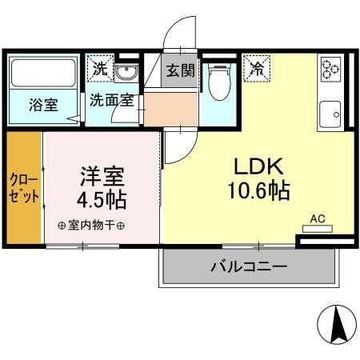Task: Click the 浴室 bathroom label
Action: [x=43, y=105]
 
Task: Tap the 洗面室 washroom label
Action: [x=111, y=101]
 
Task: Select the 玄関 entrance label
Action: [x=181, y=70]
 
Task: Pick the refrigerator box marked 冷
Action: [x=258, y=67]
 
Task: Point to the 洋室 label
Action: [x=102, y=174]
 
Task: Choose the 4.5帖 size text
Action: [x=102, y=198]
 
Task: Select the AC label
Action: [x=318, y=217]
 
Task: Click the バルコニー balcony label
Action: [x=249, y=265]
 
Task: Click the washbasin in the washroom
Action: [x=126, y=73]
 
